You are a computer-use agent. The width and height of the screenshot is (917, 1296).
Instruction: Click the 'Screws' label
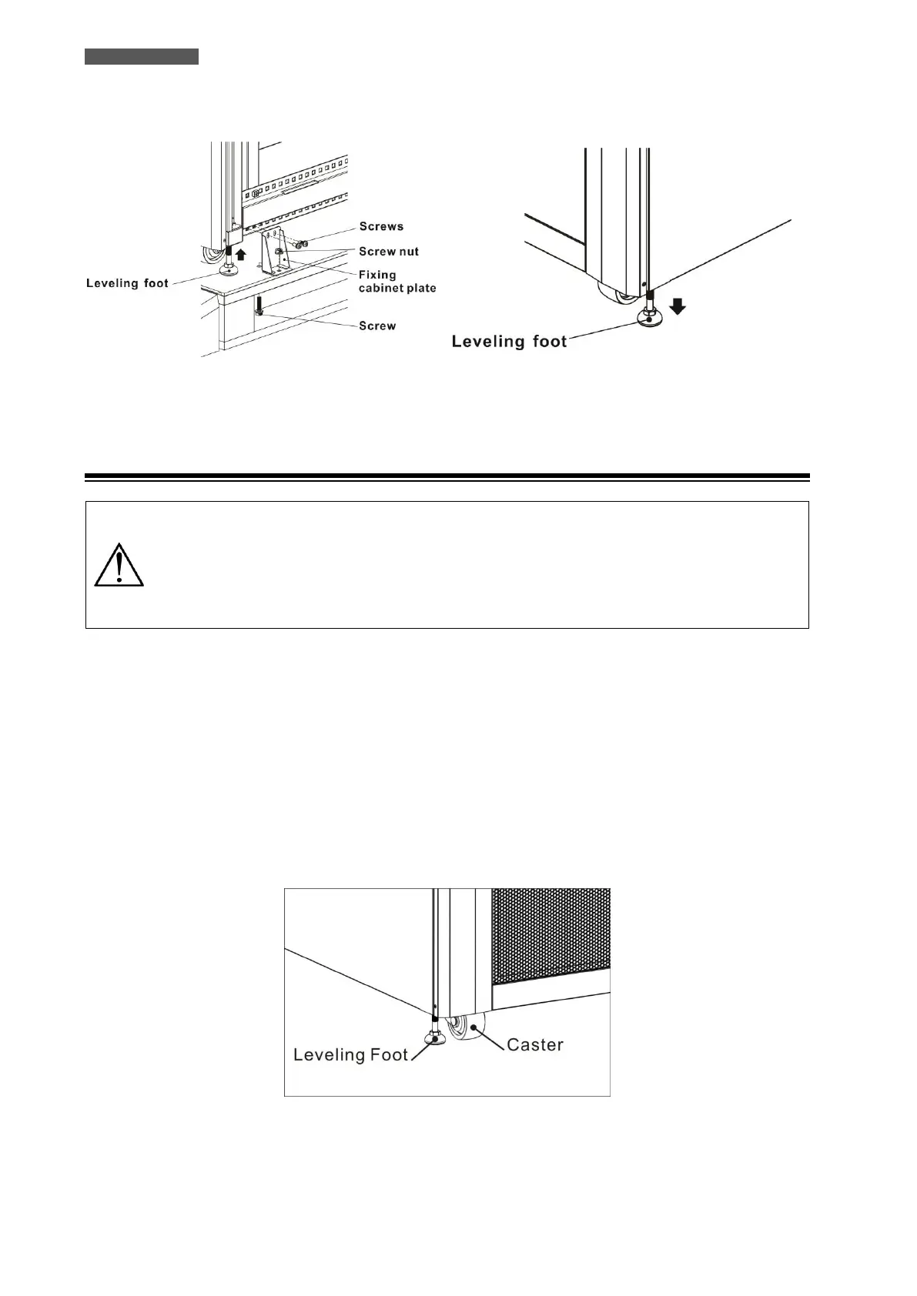tap(381, 226)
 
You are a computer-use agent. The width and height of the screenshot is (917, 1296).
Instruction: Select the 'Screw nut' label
tap(389, 252)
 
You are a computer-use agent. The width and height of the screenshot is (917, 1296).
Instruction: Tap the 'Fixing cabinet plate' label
tap(397, 281)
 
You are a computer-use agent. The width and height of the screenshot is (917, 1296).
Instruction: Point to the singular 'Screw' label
tap(377, 326)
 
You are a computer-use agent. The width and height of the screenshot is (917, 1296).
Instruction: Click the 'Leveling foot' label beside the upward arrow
tap(127, 283)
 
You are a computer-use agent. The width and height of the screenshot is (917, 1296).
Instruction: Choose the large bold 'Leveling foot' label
tap(509, 341)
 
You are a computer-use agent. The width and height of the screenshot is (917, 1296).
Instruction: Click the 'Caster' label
tap(535, 1044)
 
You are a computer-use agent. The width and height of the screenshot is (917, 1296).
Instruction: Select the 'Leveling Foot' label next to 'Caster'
tap(350, 1054)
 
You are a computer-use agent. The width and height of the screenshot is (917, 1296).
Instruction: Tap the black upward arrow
tap(241, 254)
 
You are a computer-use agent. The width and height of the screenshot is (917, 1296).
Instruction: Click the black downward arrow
tap(678, 306)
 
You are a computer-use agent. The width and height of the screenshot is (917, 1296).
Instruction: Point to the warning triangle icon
tap(119, 566)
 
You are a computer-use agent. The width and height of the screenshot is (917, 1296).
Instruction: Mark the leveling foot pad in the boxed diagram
tap(435, 1040)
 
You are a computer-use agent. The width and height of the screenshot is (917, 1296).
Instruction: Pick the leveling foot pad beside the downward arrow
tap(648, 316)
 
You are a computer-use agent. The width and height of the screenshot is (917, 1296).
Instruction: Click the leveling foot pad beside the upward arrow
tap(229, 270)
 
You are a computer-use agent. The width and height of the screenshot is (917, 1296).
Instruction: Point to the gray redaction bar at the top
tap(142, 56)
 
